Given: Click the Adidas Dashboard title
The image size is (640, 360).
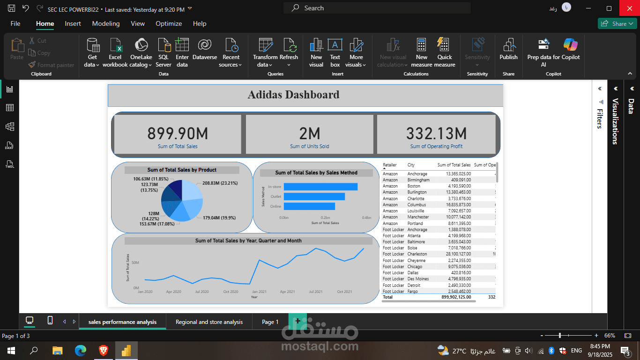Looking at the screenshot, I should tap(293, 95).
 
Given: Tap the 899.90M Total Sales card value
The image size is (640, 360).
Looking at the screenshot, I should tap(178, 134).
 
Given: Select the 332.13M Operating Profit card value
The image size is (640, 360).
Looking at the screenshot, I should tap(436, 134).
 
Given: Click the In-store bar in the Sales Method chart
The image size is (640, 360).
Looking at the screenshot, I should tap(320, 187).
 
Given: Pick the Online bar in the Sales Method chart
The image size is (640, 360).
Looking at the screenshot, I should tap(309, 206).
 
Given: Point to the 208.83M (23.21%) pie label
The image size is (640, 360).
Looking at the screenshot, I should tap(220, 183).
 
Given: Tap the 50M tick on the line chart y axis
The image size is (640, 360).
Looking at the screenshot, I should tap(135, 262).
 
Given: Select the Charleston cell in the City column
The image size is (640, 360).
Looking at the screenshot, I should tap(417, 254).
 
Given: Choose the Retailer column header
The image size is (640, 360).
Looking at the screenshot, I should tap(390, 165).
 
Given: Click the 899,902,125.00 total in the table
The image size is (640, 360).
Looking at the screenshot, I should tap(456, 297).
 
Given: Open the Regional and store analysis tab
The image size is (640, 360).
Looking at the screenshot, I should tap(209, 322).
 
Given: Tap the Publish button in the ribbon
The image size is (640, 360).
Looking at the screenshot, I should tap(508, 51).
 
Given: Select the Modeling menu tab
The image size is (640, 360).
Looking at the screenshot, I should tap(105, 23).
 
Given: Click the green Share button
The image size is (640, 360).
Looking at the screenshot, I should tap(617, 23).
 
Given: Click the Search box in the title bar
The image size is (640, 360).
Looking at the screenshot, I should tap(377, 8).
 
